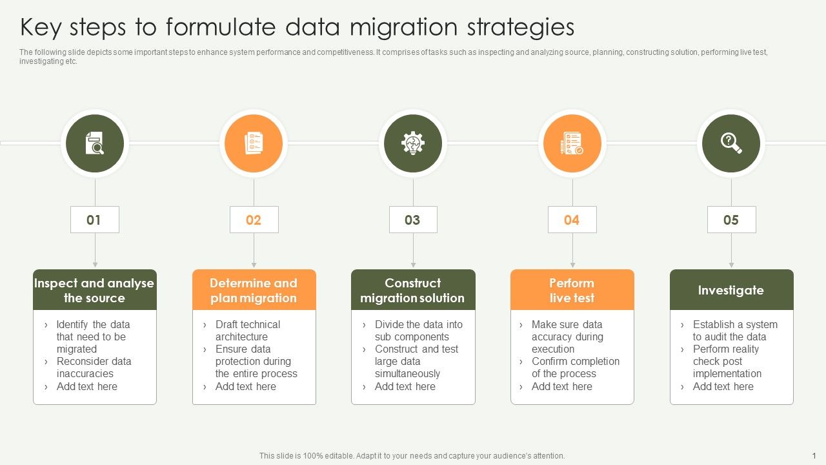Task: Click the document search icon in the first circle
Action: [95, 143]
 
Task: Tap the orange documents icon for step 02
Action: [254, 143]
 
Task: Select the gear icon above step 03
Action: [413, 143]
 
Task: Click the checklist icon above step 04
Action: [572, 143]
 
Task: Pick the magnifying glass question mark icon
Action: [731, 143]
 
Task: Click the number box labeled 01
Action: [94, 220]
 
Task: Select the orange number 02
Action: [254, 220]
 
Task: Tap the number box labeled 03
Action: [413, 220]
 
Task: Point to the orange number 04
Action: [572, 220]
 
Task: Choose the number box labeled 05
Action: [731, 220]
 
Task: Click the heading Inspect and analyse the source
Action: [94, 290]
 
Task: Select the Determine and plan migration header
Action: [254, 290]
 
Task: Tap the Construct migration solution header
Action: [413, 290]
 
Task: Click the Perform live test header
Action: [572, 290]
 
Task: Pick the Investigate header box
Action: [731, 290]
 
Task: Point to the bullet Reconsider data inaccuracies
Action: [93, 367]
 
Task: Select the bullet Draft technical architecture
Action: [247, 331]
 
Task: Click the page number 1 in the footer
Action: [814, 455]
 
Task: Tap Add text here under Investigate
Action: [723, 386]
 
